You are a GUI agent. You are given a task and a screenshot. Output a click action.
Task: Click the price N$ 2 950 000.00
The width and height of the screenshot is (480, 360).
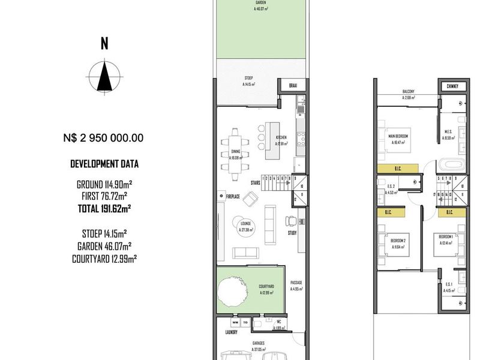103,137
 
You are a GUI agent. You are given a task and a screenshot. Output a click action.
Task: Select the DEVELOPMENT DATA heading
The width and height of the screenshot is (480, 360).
103,164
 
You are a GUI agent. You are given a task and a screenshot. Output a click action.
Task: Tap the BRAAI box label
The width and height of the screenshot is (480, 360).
293,86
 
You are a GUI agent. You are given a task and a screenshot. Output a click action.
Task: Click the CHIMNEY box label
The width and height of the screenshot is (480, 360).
452,86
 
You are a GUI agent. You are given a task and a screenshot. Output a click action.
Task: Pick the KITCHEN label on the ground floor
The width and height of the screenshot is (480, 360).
280,137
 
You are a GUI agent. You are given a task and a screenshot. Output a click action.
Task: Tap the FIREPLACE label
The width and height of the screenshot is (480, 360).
233,196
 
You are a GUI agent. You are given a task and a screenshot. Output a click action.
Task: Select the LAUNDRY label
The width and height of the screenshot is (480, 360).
231,332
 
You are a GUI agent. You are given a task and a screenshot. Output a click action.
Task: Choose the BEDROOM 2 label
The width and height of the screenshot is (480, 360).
398,240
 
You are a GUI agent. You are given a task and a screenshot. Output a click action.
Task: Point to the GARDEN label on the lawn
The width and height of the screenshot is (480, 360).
261,3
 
